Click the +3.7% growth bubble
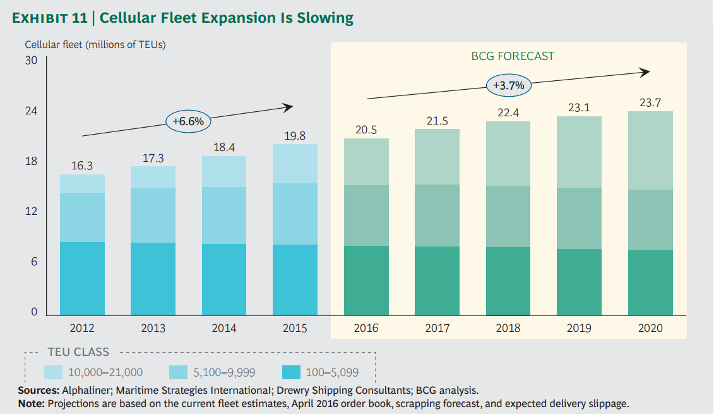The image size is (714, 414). point(509,85)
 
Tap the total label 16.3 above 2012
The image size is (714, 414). point(82,166)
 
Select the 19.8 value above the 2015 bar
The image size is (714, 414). point(294,136)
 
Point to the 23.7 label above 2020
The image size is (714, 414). point(650,103)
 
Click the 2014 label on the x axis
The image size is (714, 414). point(223,328)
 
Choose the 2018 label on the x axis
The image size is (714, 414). point(508,328)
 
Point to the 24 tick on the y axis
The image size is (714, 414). point(31,111)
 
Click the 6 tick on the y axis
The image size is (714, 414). point(34,262)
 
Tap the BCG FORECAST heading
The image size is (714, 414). point(513,56)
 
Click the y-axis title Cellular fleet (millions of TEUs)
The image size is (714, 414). point(95,45)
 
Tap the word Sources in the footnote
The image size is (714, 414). point(37,391)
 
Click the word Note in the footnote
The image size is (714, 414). point(30,403)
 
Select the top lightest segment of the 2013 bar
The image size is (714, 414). point(153,177)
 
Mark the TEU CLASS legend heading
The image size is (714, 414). point(78,352)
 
